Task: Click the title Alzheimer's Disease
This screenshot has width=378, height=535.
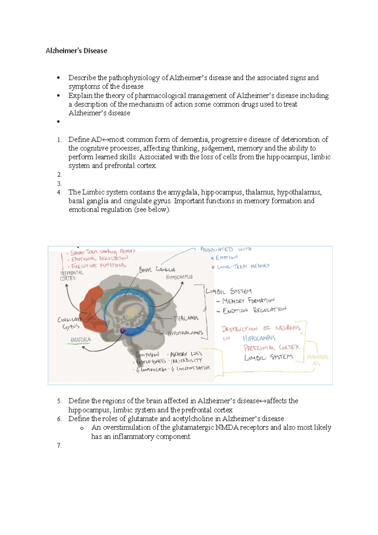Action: pos(76,51)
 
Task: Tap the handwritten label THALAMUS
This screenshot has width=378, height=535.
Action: pos(186,318)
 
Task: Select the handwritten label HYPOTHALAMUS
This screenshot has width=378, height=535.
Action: pos(186,333)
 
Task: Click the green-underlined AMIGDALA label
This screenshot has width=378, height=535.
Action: pos(80,340)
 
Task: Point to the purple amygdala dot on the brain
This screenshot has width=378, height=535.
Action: pos(123,330)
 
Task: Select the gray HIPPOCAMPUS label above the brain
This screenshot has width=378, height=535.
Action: pos(179,277)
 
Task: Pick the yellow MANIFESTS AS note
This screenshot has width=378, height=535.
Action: pos(318,360)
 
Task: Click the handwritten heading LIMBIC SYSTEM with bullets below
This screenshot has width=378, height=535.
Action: pos(229,291)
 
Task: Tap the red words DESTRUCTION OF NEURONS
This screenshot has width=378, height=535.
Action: pos(261,329)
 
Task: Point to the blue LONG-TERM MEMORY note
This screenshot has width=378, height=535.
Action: pos(243,267)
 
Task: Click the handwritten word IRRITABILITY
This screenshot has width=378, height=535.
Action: pos(186,361)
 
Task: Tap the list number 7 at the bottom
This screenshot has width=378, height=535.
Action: pos(59,446)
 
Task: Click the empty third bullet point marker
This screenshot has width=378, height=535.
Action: pos(58,122)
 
